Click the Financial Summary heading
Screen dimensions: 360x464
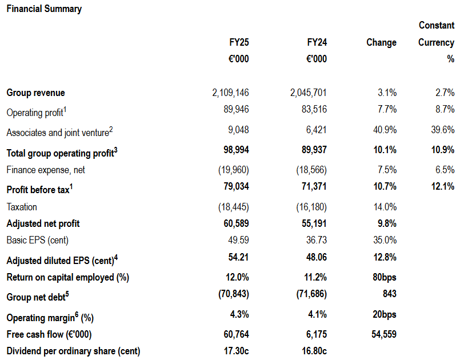(x=44, y=9)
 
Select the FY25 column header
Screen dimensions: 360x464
(x=239, y=42)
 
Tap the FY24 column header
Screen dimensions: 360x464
(x=317, y=42)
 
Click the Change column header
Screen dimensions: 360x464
(x=381, y=42)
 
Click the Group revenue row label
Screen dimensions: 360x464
(x=35, y=93)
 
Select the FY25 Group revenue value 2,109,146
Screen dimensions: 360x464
(x=230, y=93)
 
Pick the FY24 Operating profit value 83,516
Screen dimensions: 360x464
(x=314, y=109)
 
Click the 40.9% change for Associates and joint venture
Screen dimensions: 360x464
(x=385, y=130)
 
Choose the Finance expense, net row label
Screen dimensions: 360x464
(x=46, y=170)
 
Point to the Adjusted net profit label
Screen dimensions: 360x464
(x=43, y=223)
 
